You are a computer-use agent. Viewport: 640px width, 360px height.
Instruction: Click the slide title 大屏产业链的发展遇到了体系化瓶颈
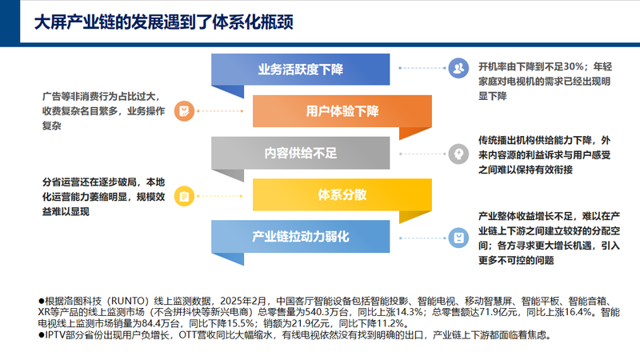[164, 22]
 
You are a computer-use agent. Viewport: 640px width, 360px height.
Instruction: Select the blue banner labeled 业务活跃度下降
[301, 70]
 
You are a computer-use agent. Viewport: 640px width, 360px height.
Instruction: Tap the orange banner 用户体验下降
[342, 111]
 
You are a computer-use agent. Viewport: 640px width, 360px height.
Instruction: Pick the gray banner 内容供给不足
[301, 153]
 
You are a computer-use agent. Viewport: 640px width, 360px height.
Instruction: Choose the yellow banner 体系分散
[342, 194]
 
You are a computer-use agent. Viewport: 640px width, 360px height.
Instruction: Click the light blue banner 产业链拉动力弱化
[301, 237]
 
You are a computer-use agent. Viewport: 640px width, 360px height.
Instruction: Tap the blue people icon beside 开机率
[458, 68]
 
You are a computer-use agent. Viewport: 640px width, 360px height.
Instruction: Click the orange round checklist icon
[184, 111]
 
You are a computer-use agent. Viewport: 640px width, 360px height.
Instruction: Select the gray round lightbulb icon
[458, 154]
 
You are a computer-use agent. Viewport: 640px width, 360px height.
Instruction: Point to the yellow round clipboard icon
[184, 196]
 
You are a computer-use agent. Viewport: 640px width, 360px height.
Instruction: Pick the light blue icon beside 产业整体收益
[458, 238]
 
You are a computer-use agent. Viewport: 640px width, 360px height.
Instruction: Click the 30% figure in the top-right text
[574, 66]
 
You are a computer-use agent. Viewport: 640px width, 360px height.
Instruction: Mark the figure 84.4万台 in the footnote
[162, 324]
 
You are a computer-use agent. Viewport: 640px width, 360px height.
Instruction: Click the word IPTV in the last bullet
[54, 335]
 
